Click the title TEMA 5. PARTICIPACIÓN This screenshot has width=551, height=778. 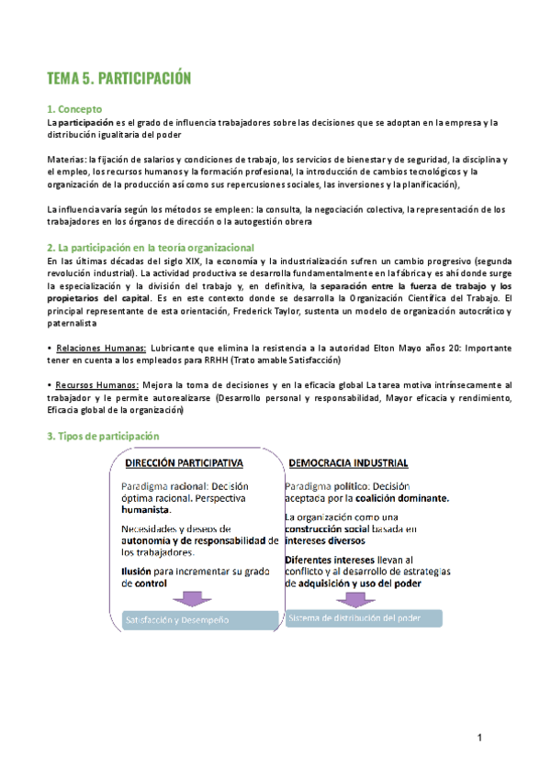(119, 79)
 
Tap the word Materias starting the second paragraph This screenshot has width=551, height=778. (66, 159)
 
